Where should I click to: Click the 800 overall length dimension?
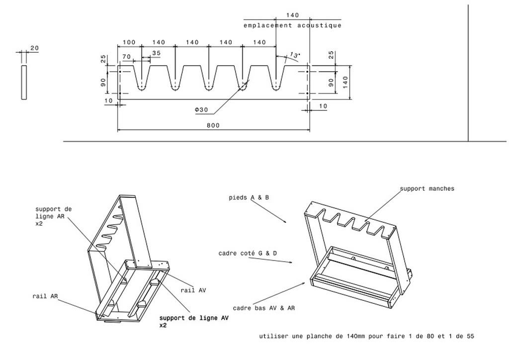(213, 125)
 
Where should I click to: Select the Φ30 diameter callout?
(201, 110)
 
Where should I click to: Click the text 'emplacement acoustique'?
(292, 25)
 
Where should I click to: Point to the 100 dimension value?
(129, 42)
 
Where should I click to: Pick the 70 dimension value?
(127, 57)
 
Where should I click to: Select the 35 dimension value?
(156, 53)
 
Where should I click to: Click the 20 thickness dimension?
(34, 48)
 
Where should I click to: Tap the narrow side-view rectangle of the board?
(24, 83)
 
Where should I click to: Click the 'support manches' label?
(427, 188)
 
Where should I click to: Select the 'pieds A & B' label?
(249, 197)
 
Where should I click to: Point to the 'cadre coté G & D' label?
(248, 253)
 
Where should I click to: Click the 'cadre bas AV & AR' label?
(263, 308)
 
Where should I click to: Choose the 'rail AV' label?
(193, 290)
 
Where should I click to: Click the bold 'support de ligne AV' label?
(194, 318)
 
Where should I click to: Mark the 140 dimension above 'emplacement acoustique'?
(292, 15)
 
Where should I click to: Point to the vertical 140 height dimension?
(345, 83)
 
